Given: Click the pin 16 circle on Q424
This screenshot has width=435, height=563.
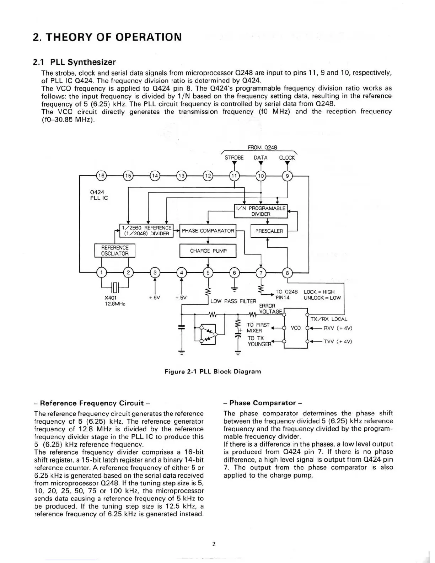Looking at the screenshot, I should [x=102, y=176].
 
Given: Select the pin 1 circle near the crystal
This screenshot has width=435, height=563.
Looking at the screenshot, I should [x=102, y=273].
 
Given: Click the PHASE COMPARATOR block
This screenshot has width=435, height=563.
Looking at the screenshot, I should [x=208, y=231].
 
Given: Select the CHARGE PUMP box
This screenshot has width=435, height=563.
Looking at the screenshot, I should [x=208, y=251].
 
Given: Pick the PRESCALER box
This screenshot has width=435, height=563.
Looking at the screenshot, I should [x=269, y=231].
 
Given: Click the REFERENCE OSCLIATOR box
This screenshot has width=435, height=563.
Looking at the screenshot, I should [x=115, y=250].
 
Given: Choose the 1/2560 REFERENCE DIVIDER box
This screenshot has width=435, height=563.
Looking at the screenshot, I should [x=146, y=230].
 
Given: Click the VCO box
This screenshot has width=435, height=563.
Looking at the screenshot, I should [x=296, y=328].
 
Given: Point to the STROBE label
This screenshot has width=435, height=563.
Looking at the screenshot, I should [x=234, y=157].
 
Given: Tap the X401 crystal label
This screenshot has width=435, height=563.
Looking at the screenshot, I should [x=111, y=297].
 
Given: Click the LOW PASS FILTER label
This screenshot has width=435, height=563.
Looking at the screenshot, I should [x=233, y=301].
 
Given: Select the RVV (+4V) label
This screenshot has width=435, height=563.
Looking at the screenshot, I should [x=337, y=328].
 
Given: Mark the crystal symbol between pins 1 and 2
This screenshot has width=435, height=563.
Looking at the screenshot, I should [x=115, y=286].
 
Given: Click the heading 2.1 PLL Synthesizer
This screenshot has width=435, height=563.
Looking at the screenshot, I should [x=74, y=62].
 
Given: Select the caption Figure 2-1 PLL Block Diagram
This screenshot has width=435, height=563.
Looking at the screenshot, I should [x=213, y=371].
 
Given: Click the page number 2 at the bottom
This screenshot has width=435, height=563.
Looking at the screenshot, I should [x=214, y=544].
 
